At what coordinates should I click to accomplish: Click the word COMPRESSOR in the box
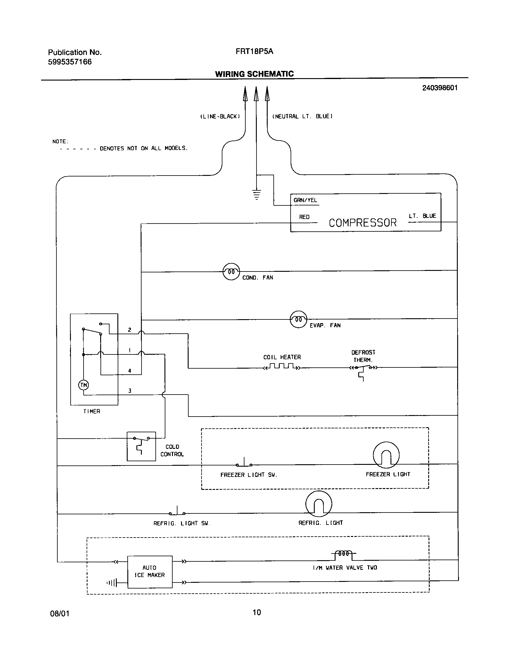coord(362,223)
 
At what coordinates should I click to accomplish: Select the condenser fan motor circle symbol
coord(231,271)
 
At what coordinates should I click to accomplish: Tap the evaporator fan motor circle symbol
coord(298,319)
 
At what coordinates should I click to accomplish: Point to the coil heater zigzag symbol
coord(282,367)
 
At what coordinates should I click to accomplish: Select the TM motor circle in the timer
coord(84,385)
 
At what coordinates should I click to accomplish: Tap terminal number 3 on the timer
coord(130,391)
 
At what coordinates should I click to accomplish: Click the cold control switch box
coord(141,446)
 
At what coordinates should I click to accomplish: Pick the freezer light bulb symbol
coord(386,455)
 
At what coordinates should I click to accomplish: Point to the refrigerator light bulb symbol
coord(319,504)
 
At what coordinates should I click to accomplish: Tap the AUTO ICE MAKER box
coord(150,572)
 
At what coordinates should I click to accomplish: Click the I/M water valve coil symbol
coord(343,554)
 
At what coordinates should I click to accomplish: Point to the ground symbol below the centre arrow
coord(256,195)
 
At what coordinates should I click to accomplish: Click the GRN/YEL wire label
coord(305,200)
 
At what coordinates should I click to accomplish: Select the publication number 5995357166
coord(70,62)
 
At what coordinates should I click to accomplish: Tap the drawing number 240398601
coord(440,88)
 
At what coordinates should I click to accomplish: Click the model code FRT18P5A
coord(254,52)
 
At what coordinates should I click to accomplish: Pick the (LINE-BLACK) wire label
coord(220,116)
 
